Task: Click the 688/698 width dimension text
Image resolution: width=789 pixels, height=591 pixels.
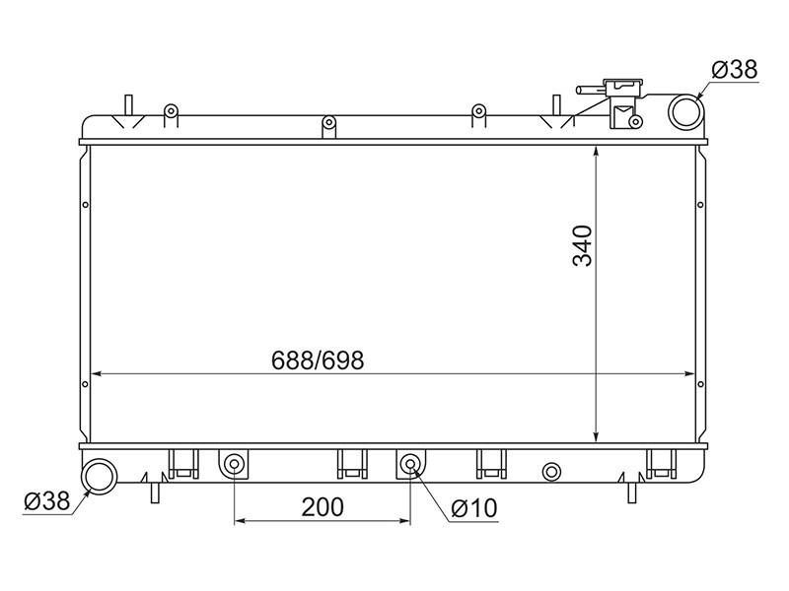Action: pos(318,361)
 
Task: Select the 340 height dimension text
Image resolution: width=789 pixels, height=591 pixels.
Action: pos(583,245)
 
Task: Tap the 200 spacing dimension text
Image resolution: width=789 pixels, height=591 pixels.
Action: pos(323,507)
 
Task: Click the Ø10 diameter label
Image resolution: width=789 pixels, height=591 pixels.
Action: pos(474,508)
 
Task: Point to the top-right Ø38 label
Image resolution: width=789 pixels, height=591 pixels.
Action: pos(735,69)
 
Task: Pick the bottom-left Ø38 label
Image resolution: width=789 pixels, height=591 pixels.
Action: pos(46,500)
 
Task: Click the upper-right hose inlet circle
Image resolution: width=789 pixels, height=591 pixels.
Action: pos(684,111)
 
